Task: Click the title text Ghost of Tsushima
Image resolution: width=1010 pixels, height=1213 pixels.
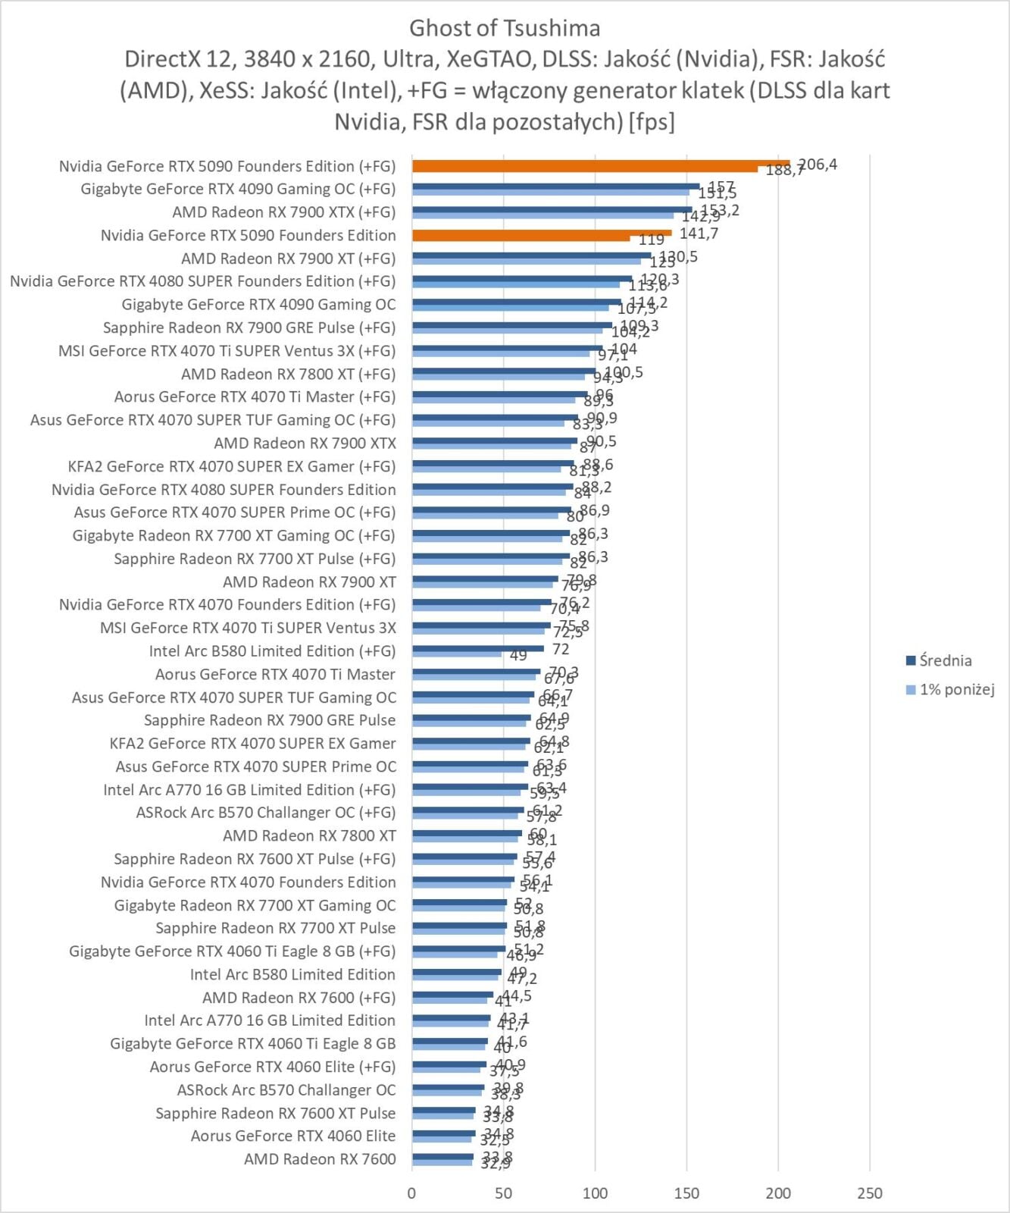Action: pos(505,28)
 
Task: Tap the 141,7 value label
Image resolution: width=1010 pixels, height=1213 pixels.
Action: pos(699,234)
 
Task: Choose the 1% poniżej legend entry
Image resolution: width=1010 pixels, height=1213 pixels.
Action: pos(956,689)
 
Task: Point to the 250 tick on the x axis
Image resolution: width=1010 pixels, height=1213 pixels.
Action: pos(870,1193)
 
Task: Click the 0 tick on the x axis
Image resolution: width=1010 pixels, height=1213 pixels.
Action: pos(411,1193)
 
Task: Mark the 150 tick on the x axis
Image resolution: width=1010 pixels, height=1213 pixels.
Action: pos(686,1193)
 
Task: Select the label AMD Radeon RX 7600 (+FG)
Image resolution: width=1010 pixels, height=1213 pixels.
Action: pos(299,998)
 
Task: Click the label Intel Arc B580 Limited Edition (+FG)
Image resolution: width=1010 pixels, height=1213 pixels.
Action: pos(272,651)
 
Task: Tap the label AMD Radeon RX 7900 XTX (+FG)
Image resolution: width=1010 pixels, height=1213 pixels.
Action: pos(283,212)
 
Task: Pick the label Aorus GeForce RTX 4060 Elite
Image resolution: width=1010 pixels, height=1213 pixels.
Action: pos(292,1136)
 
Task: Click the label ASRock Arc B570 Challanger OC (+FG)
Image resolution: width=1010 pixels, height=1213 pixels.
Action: pos(265,813)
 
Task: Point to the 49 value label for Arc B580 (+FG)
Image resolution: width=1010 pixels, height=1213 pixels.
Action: pos(518,656)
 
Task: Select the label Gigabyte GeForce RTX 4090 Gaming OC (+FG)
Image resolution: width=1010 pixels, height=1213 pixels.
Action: pos(238,189)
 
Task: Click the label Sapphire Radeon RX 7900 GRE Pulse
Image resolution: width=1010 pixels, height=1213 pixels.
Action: pos(269,720)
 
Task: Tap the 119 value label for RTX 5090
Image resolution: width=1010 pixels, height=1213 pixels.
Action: pos(651,240)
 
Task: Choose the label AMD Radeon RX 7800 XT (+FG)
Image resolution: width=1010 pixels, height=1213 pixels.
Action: pos(288,374)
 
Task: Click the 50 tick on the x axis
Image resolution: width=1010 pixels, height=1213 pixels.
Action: pos(503,1193)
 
